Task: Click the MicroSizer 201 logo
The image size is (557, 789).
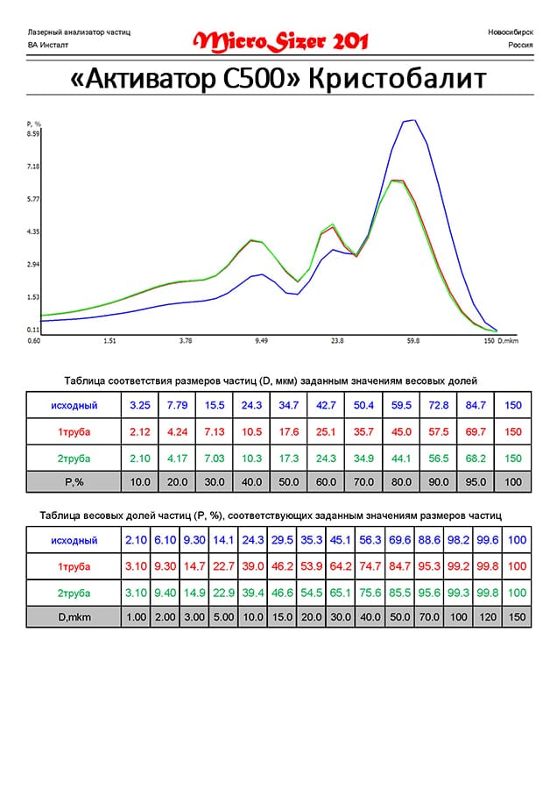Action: tap(280, 40)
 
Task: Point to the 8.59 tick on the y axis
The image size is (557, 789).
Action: tap(33, 134)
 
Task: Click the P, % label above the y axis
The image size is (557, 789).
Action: tap(34, 124)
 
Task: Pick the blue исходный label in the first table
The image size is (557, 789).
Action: tap(74, 405)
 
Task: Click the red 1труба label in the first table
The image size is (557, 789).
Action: tap(74, 432)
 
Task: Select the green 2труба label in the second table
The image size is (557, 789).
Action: tap(74, 592)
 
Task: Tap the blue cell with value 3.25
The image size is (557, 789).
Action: tap(139, 405)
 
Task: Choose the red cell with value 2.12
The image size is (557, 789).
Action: tap(139, 432)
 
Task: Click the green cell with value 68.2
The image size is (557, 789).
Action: tap(476, 458)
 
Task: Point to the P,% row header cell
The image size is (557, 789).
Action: tap(74, 481)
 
